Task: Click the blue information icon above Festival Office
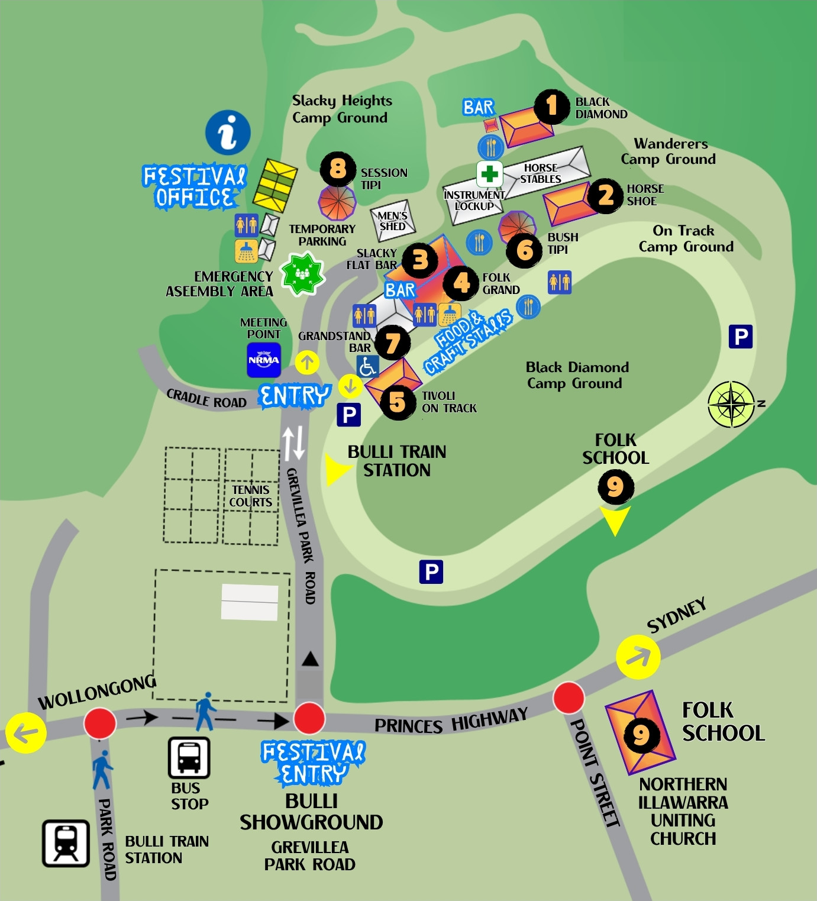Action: [x=228, y=133]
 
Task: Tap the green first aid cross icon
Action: [x=489, y=174]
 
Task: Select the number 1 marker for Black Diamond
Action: [x=551, y=107]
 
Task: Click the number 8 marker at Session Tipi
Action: [x=338, y=169]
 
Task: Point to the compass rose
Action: [x=732, y=405]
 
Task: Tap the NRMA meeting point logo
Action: [x=263, y=360]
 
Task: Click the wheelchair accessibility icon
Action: [x=367, y=367]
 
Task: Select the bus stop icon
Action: [x=189, y=757]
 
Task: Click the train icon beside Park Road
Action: [x=66, y=843]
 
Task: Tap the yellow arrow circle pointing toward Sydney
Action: [x=638, y=657]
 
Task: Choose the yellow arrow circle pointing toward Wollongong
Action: [x=26, y=733]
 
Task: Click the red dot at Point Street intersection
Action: [x=569, y=697]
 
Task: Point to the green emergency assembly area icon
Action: [x=302, y=273]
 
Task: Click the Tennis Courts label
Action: [x=251, y=496]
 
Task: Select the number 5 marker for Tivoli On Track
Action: [x=398, y=402]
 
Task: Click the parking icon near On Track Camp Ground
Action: [x=740, y=337]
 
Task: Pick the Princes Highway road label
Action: [x=450, y=721]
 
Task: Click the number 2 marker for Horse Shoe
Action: [x=606, y=196]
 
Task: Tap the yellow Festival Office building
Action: [x=275, y=185]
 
